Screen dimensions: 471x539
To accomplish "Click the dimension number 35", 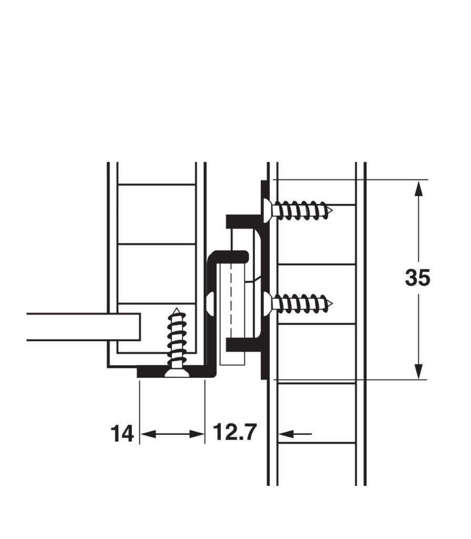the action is click(x=417, y=277).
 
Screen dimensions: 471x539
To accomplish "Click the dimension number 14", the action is click(x=122, y=434).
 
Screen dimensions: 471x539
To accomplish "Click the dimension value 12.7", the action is click(x=235, y=432).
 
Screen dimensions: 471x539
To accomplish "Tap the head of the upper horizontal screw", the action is click(x=268, y=208).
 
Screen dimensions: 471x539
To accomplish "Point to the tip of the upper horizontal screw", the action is click(x=332, y=209).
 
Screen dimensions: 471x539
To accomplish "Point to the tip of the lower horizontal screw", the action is click(x=332, y=304).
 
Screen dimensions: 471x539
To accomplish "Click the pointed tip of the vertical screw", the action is click(x=177, y=308).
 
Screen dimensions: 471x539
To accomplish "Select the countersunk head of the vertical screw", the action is click(x=177, y=373).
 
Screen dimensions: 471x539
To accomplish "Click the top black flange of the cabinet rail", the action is click(x=244, y=222).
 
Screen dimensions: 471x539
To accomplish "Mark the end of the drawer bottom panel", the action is click(x=139, y=327).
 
